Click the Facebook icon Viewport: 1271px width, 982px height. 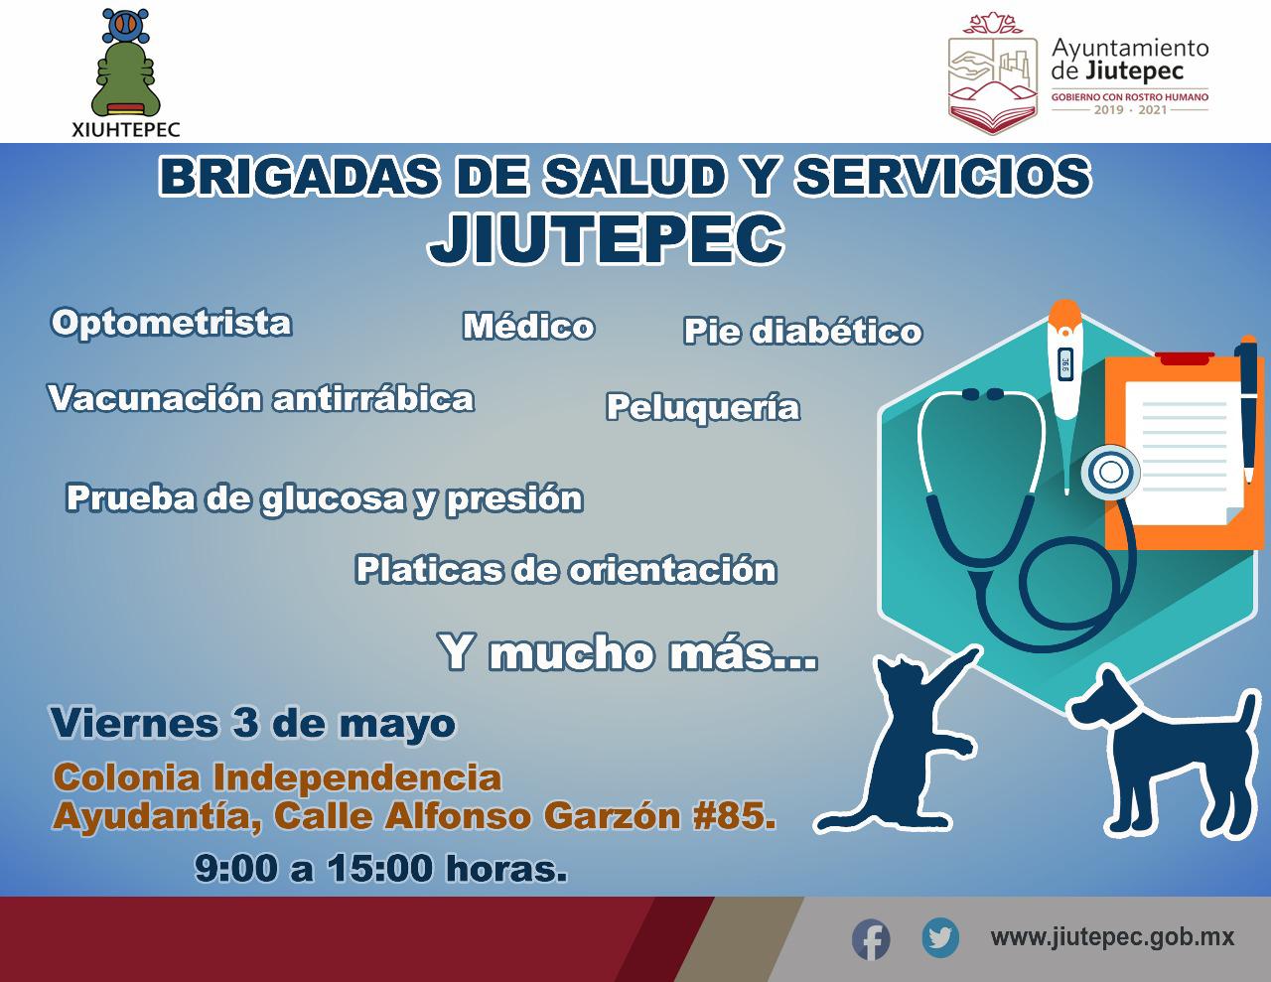(x=871, y=939)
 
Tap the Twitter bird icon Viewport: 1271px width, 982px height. (x=940, y=937)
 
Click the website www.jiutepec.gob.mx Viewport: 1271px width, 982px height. (x=1112, y=937)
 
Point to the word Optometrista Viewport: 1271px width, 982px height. (x=172, y=323)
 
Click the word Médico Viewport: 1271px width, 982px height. (x=528, y=326)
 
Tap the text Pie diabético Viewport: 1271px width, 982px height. (x=802, y=331)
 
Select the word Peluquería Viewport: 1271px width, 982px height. (x=702, y=408)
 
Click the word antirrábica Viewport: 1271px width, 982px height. (x=373, y=399)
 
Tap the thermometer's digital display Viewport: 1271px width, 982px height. (x=1065, y=363)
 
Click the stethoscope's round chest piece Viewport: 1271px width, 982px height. (x=1109, y=473)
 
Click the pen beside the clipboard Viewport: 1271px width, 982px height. (x=1246, y=409)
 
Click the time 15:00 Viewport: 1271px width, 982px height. (x=380, y=869)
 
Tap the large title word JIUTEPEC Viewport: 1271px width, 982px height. (x=606, y=238)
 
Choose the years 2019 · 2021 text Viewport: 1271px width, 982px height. (x=1130, y=110)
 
